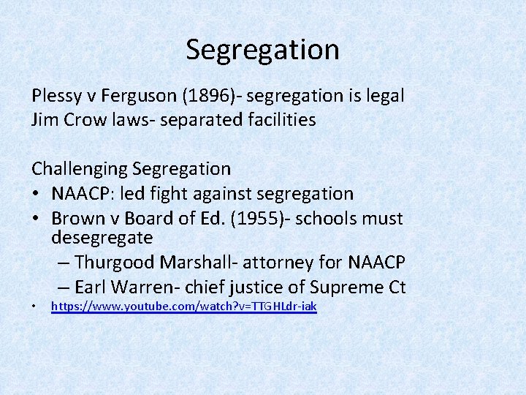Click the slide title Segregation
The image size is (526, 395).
262,50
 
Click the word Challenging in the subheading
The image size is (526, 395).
80,169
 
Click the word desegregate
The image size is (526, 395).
102,238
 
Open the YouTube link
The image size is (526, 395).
183,306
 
